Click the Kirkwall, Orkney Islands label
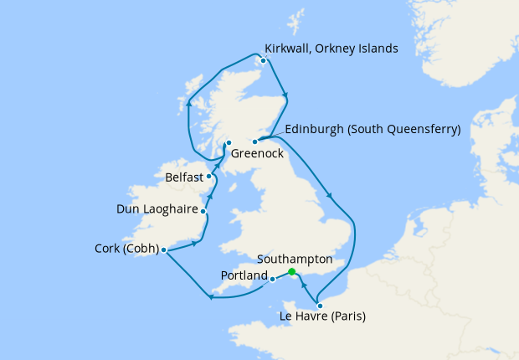click(331, 49)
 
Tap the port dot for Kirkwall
click(264, 60)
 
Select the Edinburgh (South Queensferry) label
click(373, 130)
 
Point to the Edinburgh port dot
click(254, 141)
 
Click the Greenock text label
click(257, 154)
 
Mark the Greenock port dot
click(229, 143)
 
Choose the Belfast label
click(183, 177)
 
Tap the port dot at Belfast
click(208, 177)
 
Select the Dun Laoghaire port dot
click(203, 212)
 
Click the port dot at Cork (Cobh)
click(164, 249)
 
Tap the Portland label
click(244, 275)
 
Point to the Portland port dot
click(273, 280)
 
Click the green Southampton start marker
click(291, 272)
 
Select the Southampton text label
click(297, 260)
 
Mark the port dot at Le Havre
click(320, 306)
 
